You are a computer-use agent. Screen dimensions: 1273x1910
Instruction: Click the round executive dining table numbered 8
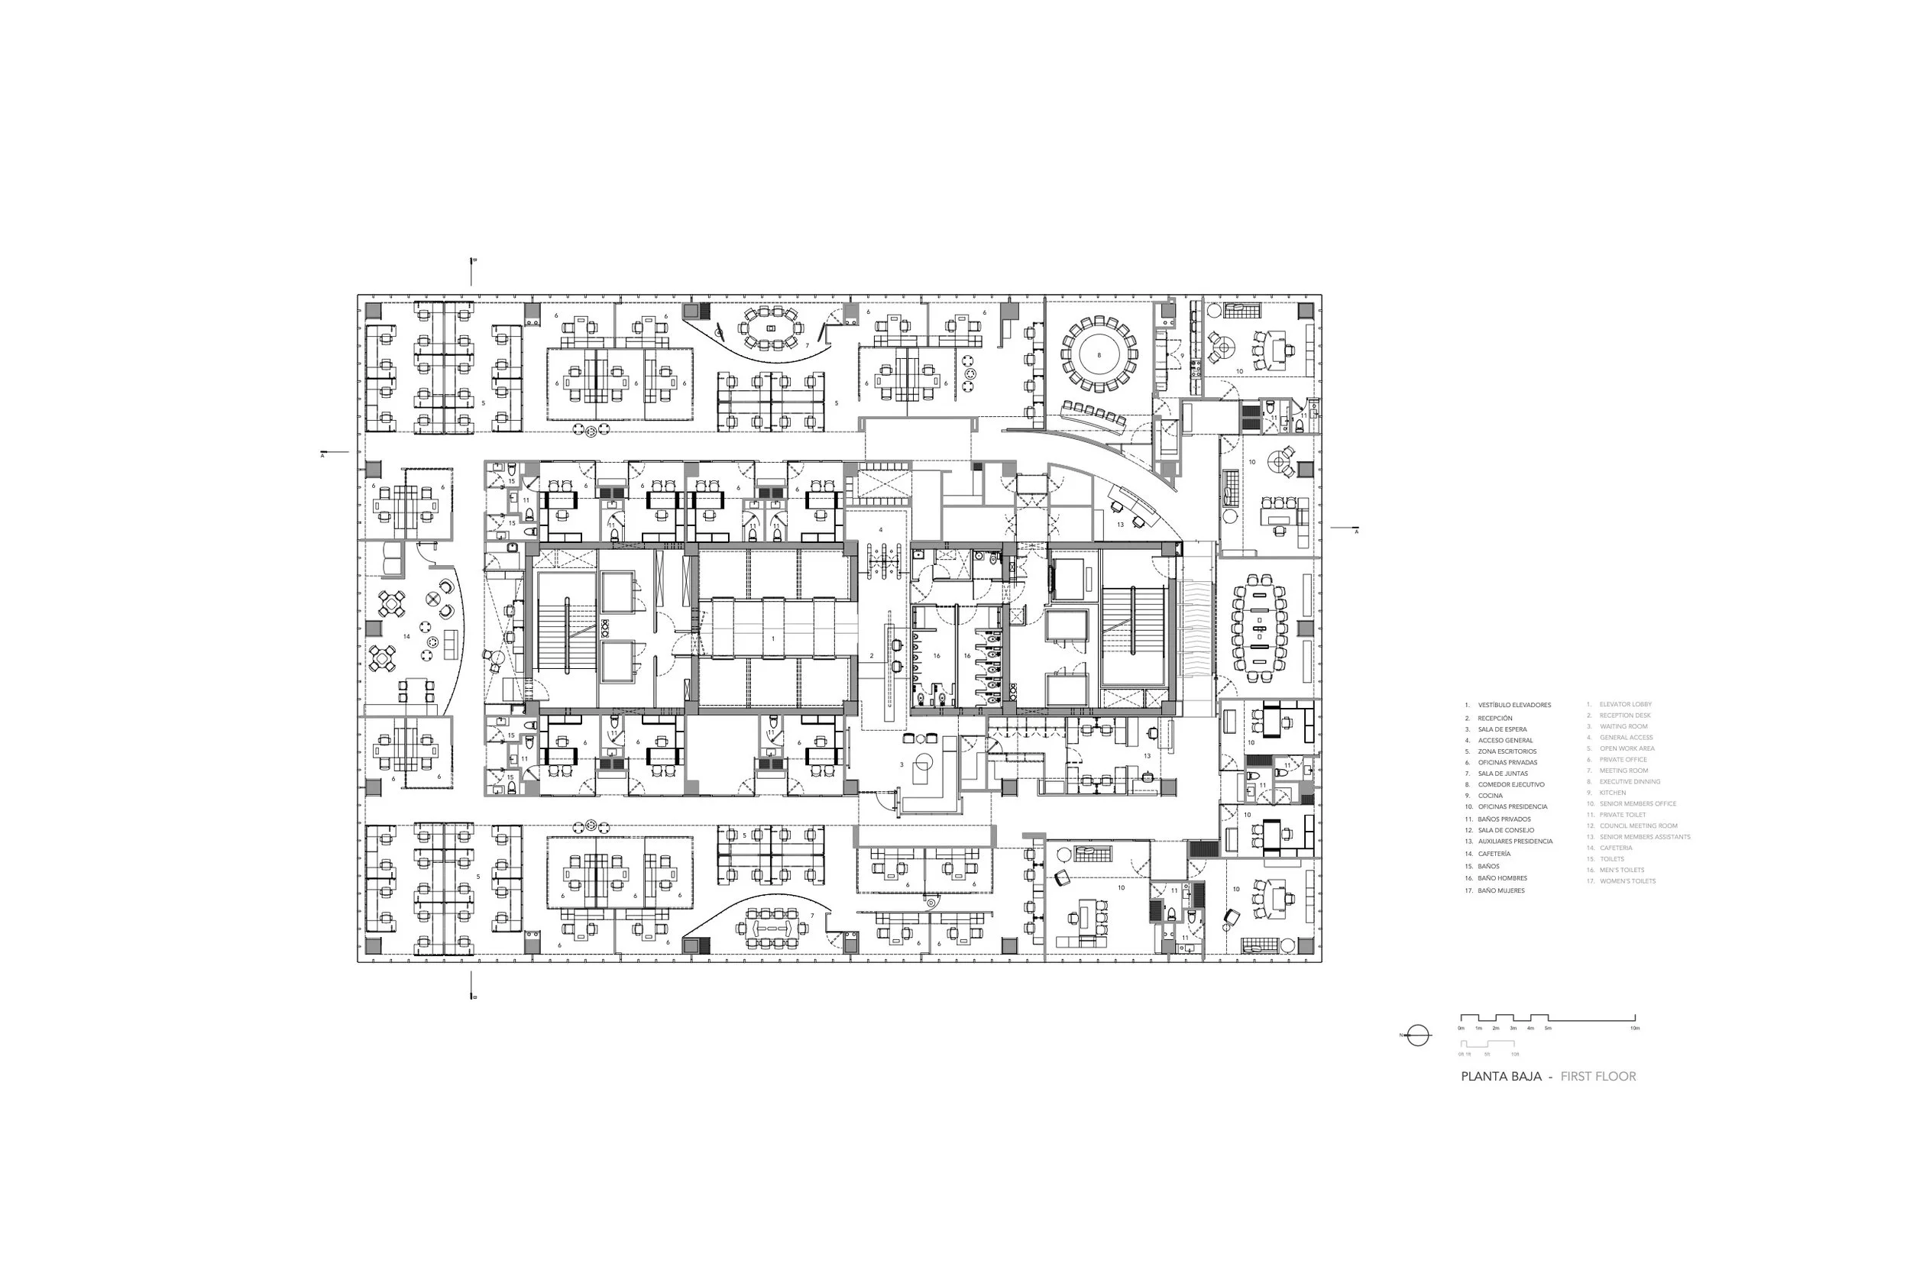tap(1099, 355)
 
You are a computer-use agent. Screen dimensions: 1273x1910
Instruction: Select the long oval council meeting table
tap(1259, 628)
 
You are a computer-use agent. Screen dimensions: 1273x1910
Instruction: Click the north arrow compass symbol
tap(1417, 1036)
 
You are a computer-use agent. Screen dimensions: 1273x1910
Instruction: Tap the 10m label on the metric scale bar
tap(1634, 1029)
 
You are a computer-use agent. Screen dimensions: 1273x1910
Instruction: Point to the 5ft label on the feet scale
tap(1487, 1054)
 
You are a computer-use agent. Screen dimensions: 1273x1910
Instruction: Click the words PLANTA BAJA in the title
tap(1500, 1077)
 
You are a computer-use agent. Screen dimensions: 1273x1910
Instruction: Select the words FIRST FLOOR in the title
tap(1598, 1077)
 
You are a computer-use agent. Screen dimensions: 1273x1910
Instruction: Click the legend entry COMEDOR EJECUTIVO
tap(1510, 785)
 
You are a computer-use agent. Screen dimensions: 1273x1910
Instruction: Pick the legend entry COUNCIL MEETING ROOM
tap(1638, 826)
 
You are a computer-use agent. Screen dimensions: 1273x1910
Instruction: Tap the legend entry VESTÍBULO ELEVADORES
tap(1513, 705)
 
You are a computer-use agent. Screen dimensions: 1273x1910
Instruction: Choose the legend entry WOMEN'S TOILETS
tap(1627, 881)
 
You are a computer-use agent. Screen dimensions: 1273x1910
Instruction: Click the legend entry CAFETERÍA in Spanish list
tap(1494, 854)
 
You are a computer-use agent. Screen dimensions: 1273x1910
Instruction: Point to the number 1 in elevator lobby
tap(773, 639)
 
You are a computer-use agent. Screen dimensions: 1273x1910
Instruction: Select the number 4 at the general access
tap(880, 530)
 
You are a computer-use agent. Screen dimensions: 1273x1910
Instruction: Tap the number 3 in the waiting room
tap(902, 764)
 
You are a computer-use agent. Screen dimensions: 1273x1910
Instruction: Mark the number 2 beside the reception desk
tap(872, 655)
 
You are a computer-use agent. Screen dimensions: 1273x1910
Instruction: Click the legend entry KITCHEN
tap(1612, 793)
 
